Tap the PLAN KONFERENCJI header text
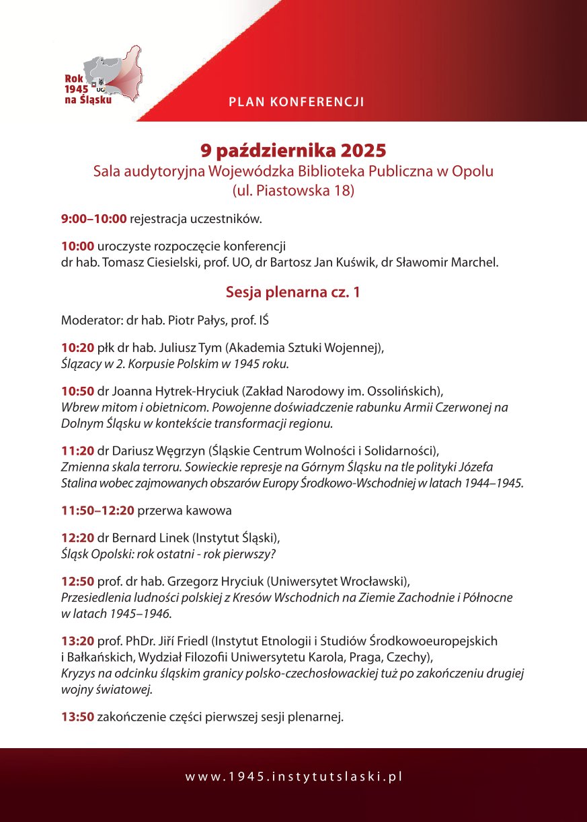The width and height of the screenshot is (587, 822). point(297,102)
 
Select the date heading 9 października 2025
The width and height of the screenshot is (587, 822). point(293,148)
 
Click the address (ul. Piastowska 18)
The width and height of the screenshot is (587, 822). point(293,191)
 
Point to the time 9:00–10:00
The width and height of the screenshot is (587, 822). point(93,218)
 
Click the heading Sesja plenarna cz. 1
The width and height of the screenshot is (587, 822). point(292,292)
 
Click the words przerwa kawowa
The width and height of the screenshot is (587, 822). point(185,510)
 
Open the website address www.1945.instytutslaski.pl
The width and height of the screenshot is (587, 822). point(294,776)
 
